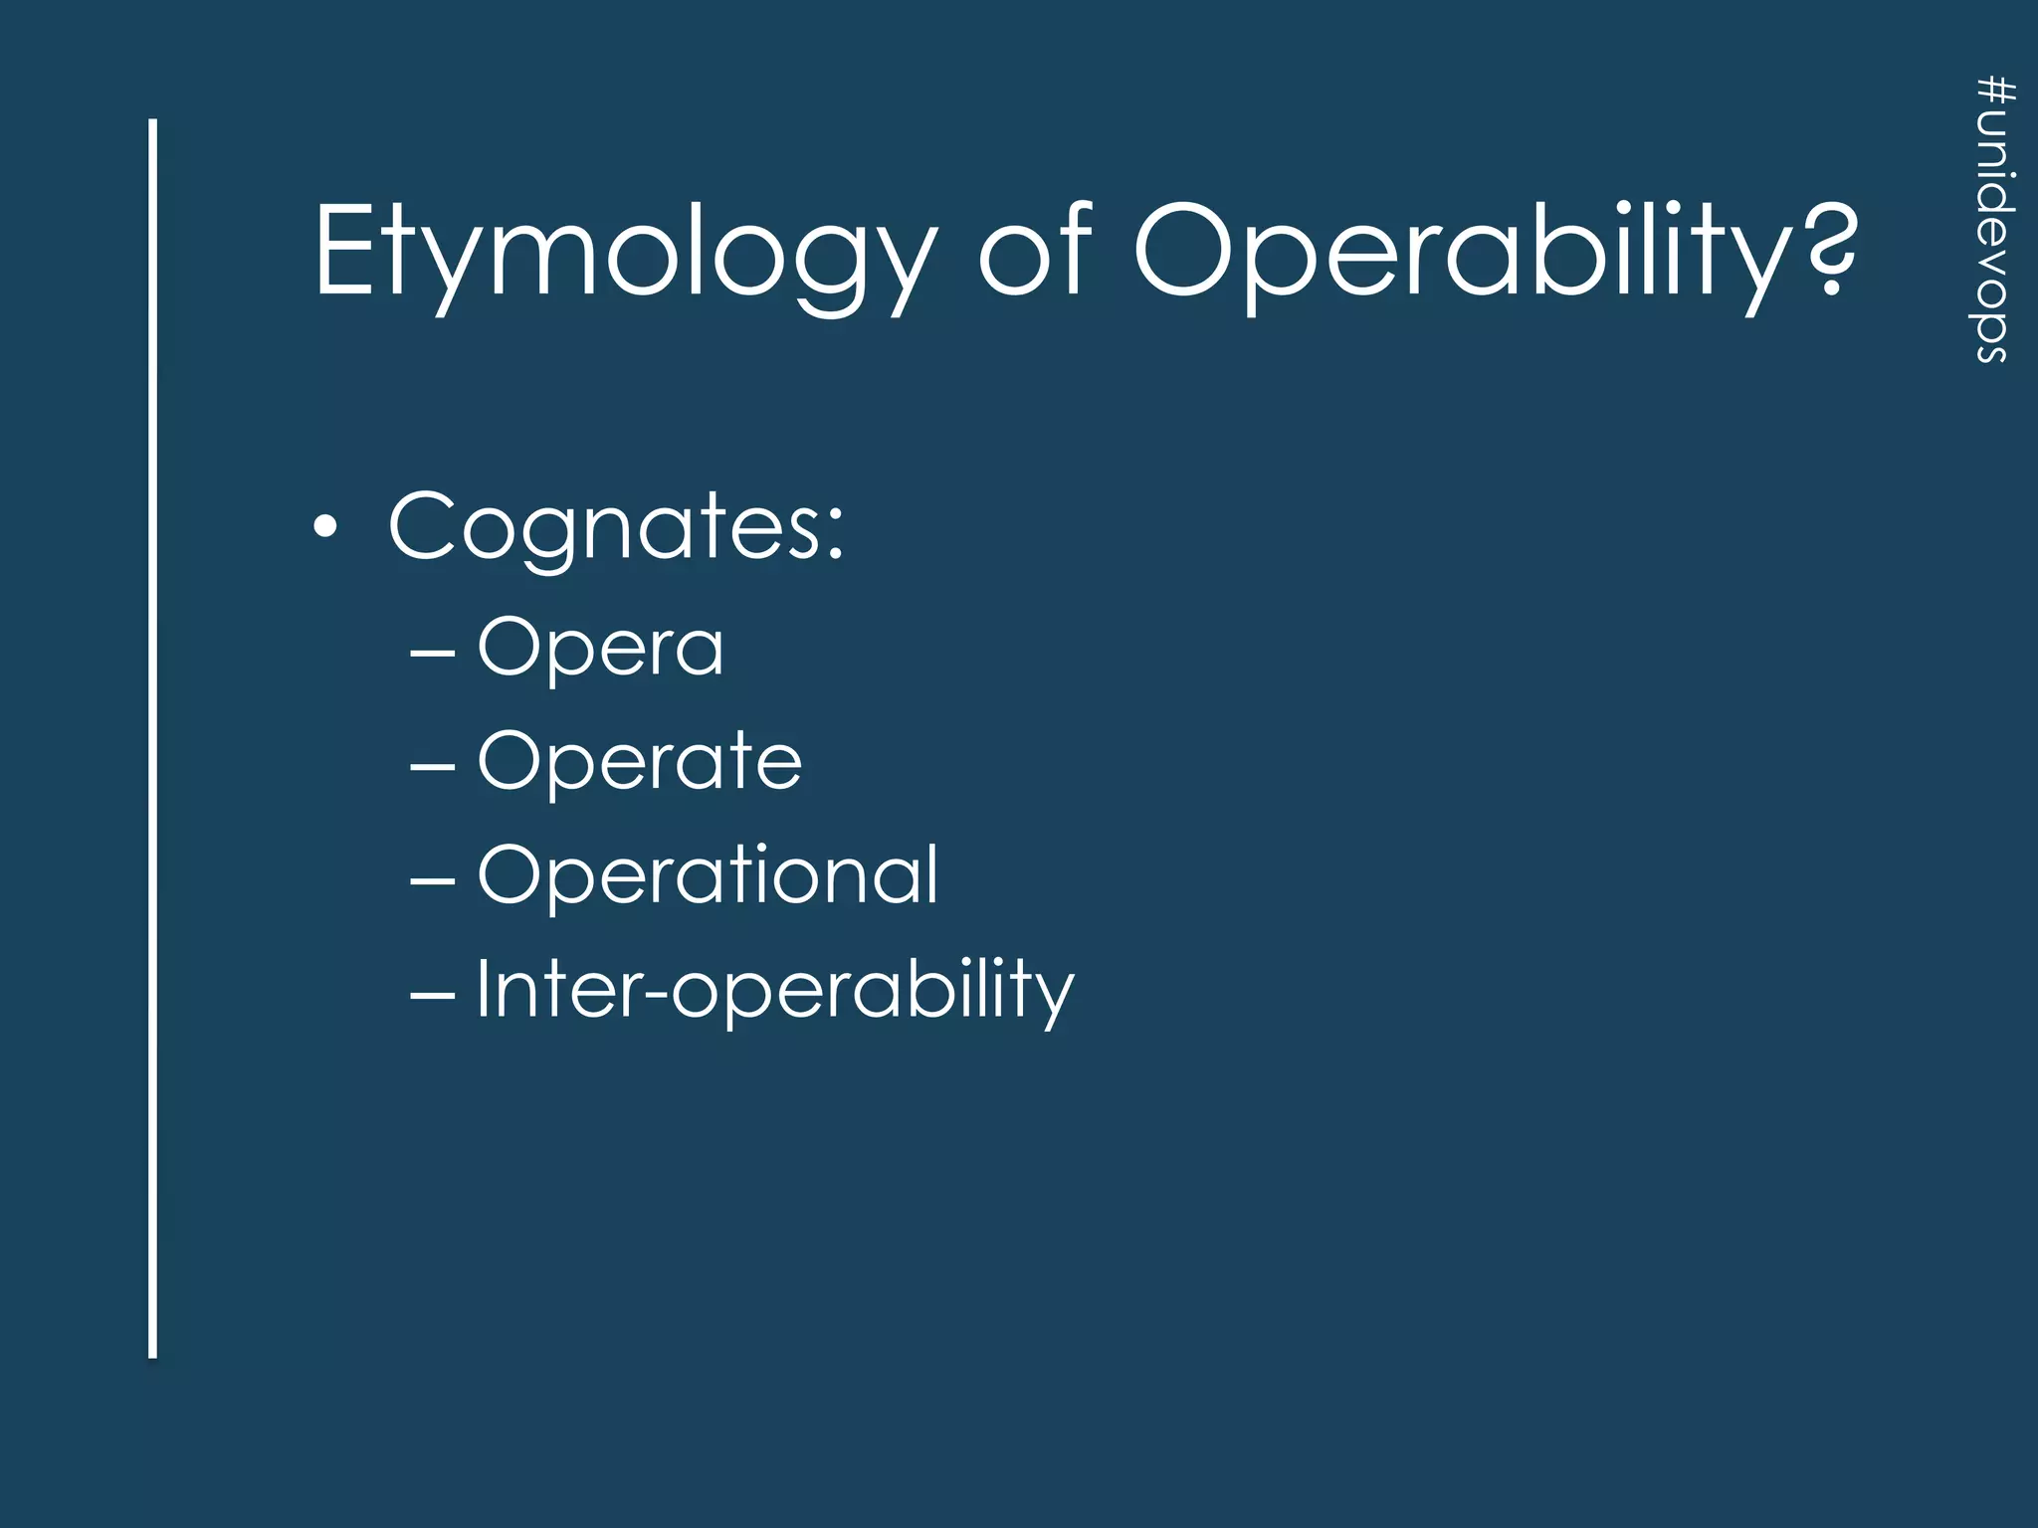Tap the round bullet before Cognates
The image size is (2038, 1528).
tap(324, 527)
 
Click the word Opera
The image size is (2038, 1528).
tap(600, 649)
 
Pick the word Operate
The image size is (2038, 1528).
tap(639, 762)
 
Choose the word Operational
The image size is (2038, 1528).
tap(708, 875)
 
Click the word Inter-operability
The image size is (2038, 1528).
tap(775, 990)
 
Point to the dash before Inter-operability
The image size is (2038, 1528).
tap(433, 994)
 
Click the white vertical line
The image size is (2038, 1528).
tap(153, 737)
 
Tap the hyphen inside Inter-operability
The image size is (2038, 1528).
tap(655, 995)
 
